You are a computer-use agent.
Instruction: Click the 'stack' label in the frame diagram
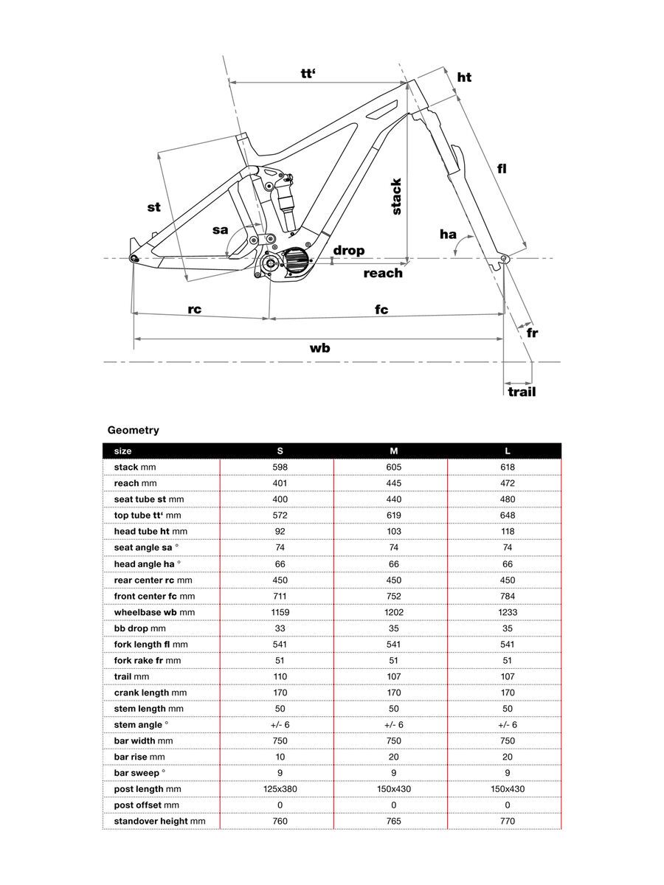click(x=395, y=196)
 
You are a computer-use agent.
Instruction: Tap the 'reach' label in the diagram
click(x=383, y=273)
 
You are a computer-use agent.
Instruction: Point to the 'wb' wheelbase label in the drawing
click(x=319, y=348)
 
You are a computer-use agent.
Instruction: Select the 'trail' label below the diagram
click(x=522, y=392)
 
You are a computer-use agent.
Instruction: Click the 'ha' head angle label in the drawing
click(x=448, y=235)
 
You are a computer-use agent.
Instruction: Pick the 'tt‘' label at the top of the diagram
click(x=308, y=74)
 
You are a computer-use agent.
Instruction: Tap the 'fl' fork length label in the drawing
click(x=502, y=168)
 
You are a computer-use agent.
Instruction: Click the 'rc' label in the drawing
click(x=194, y=310)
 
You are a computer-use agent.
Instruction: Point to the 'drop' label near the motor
click(x=348, y=251)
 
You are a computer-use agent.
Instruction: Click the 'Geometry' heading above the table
click(x=133, y=430)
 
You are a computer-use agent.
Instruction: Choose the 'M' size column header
click(x=393, y=450)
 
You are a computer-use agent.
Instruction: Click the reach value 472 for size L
click(x=507, y=483)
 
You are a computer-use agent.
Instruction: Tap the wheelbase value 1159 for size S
click(x=279, y=612)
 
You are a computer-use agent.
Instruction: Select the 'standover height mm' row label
click(x=159, y=821)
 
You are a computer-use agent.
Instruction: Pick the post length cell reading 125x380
click(x=279, y=789)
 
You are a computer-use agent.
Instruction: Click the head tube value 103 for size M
click(x=393, y=531)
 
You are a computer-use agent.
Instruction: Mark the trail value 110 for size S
click(x=279, y=676)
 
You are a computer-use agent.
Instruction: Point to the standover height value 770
click(x=507, y=821)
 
